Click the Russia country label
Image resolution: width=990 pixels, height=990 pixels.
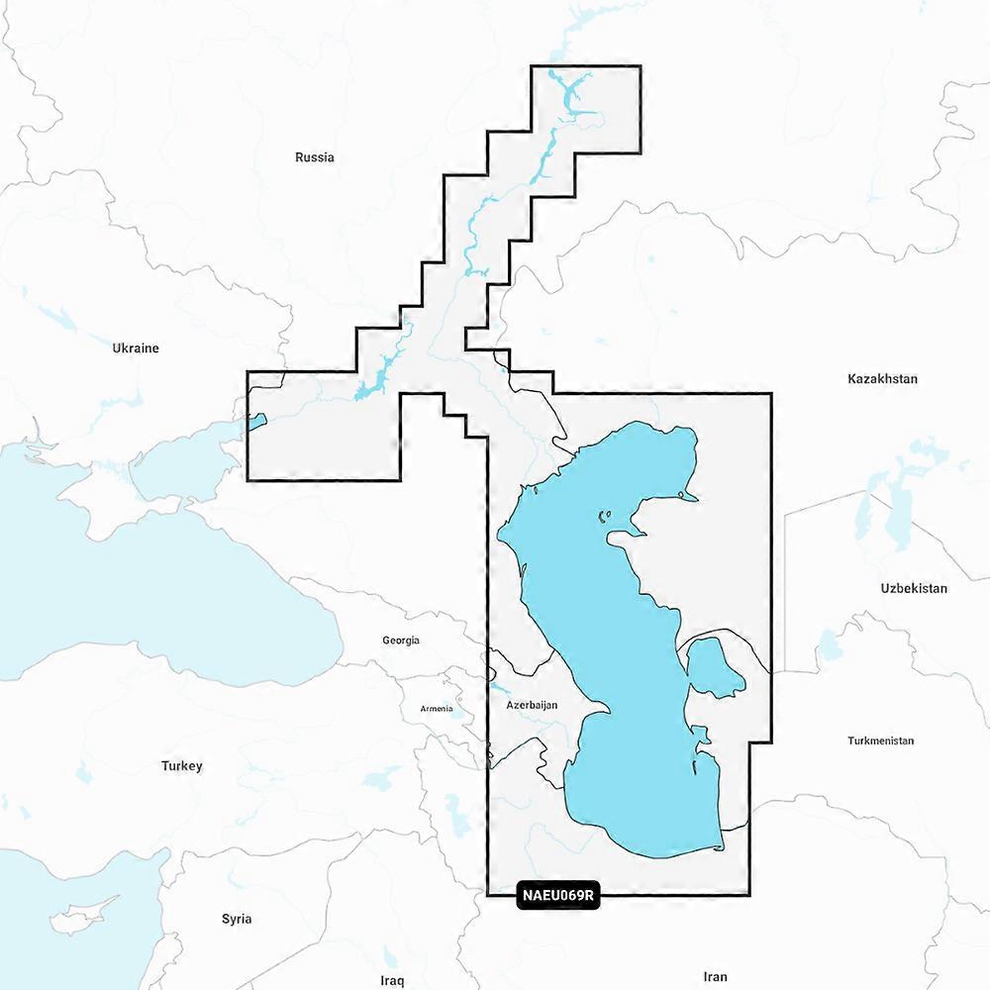(315, 157)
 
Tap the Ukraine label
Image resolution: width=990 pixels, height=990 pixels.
(136, 348)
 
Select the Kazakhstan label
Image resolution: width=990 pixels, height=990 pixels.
(882, 379)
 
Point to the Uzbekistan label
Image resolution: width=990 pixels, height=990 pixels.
(914, 588)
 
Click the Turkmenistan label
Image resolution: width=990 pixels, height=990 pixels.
(880, 741)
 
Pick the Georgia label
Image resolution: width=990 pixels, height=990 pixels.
(401, 641)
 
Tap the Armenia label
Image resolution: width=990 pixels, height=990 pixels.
(437, 709)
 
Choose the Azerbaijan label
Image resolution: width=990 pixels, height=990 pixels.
(533, 706)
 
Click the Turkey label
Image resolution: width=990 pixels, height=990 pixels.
(182, 766)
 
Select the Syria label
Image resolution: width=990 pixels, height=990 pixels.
(237, 919)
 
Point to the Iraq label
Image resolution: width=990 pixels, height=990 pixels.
(392, 980)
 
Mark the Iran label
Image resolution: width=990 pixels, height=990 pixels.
(715, 977)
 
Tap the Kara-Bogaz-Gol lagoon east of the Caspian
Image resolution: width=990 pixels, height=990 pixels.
(715, 667)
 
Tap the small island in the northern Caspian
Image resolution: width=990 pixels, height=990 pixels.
(603, 516)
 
